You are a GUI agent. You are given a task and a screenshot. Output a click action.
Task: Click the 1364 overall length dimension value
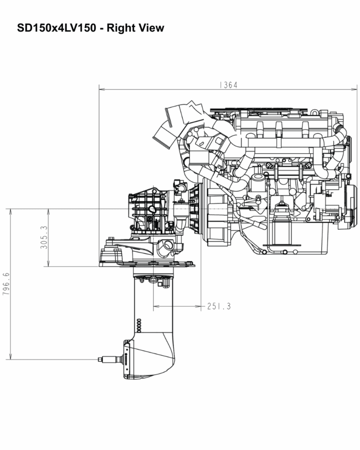(228, 85)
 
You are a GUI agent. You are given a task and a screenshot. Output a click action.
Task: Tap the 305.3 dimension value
(44, 237)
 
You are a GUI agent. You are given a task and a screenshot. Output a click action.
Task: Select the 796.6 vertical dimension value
(6, 284)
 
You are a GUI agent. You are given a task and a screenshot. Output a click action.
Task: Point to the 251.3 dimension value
(218, 307)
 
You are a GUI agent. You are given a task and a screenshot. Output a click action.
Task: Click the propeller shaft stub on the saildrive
(110, 359)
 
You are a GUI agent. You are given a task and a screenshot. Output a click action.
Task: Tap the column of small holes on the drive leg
(138, 324)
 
